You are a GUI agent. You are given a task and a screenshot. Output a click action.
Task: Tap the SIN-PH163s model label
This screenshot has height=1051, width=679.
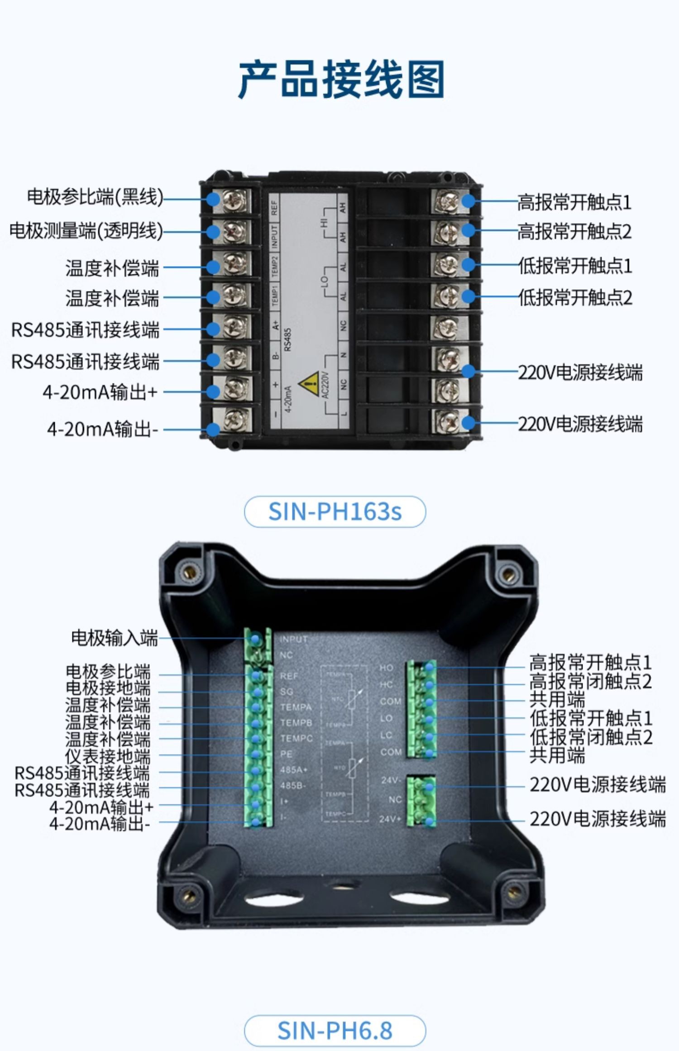(335, 512)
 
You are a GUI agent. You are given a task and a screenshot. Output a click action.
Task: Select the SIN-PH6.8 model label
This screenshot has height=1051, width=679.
(335, 1031)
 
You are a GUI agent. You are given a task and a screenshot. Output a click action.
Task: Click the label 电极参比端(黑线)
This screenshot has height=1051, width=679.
(95, 197)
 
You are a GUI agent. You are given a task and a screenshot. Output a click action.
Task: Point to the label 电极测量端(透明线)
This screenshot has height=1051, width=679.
(86, 231)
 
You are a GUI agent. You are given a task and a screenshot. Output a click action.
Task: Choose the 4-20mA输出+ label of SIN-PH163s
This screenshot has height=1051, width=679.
(100, 392)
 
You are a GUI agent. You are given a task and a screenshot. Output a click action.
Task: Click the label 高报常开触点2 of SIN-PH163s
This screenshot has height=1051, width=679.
(574, 232)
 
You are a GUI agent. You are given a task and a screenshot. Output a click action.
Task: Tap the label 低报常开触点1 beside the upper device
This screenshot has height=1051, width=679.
(575, 266)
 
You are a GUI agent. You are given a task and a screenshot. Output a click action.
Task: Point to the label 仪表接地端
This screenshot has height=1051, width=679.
(108, 756)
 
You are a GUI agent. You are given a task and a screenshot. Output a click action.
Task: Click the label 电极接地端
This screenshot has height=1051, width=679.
(108, 688)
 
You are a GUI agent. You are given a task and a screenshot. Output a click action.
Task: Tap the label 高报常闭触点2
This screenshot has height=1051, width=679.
(591, 681)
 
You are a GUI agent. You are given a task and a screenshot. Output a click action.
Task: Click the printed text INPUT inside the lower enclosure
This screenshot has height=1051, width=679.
(294, 640)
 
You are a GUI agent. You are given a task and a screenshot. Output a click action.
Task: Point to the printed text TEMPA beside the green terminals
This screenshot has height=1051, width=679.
(296, 707)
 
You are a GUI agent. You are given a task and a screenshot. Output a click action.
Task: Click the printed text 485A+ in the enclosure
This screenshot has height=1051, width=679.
(293, 770)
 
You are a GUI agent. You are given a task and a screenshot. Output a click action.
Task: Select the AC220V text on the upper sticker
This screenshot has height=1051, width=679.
(325, 386)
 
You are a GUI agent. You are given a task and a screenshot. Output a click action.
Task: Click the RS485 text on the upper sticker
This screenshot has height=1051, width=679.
(288, 339)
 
